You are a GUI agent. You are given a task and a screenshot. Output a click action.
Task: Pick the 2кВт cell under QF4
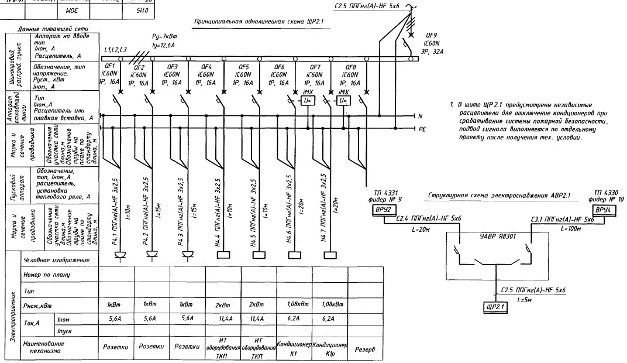click(222, 304)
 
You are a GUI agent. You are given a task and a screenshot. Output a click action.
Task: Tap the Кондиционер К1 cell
click(294, 347)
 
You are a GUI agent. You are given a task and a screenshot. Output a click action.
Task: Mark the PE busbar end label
click(421, 127)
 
